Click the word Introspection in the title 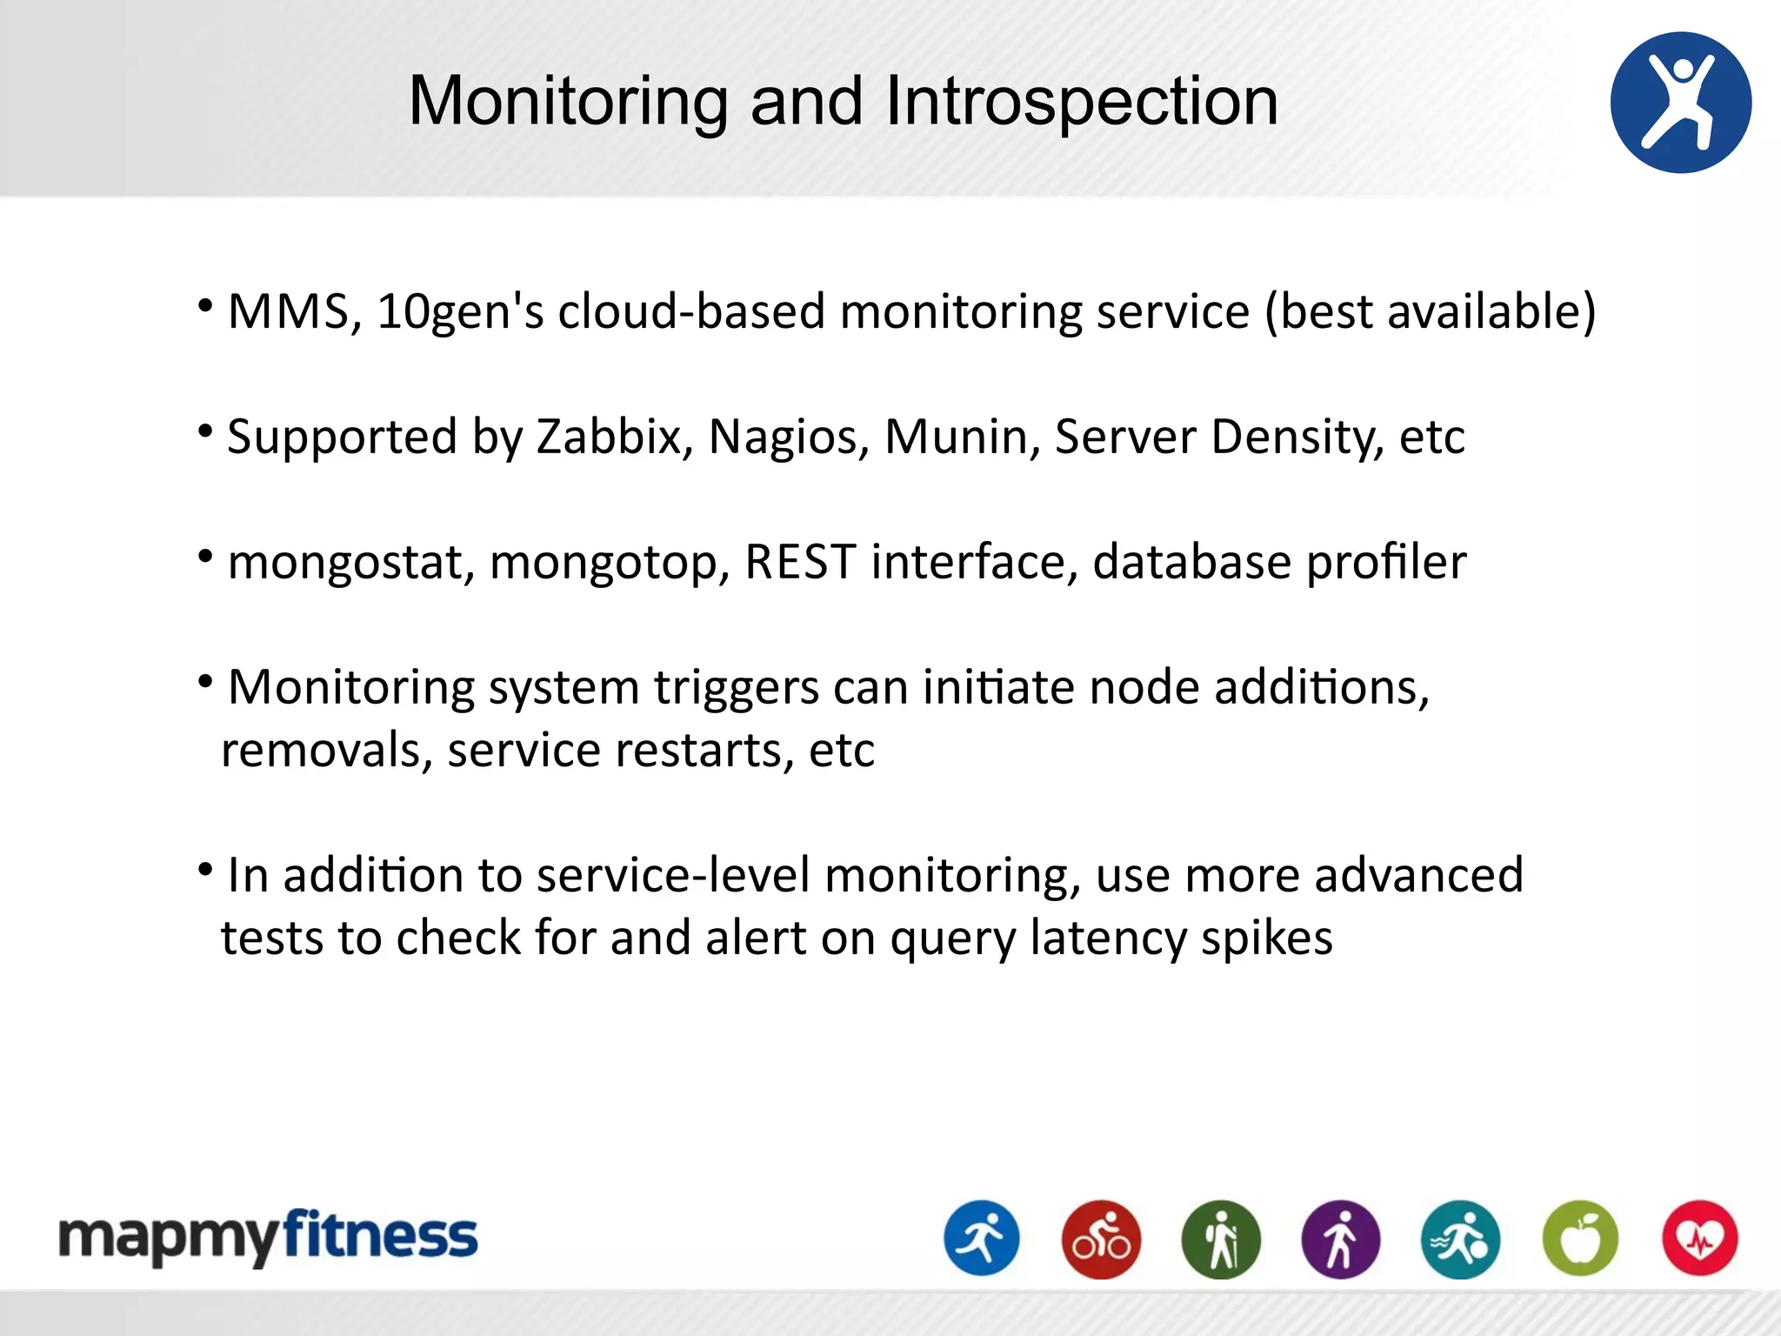click(x=1081, y=102)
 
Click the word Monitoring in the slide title click(x=568, y=102)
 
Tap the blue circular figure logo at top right click(x=1680, y=103)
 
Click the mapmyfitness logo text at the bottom click(x=268, y=1237)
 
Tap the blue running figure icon click(x=982, y=1239)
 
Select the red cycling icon click(x=1101, y=1239)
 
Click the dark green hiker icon click(x=1221, y=1239)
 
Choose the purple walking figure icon click(x=1340, y=1239)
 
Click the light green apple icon click(x=1580, y=1239)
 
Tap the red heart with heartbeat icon click(x=1699, y=1239)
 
